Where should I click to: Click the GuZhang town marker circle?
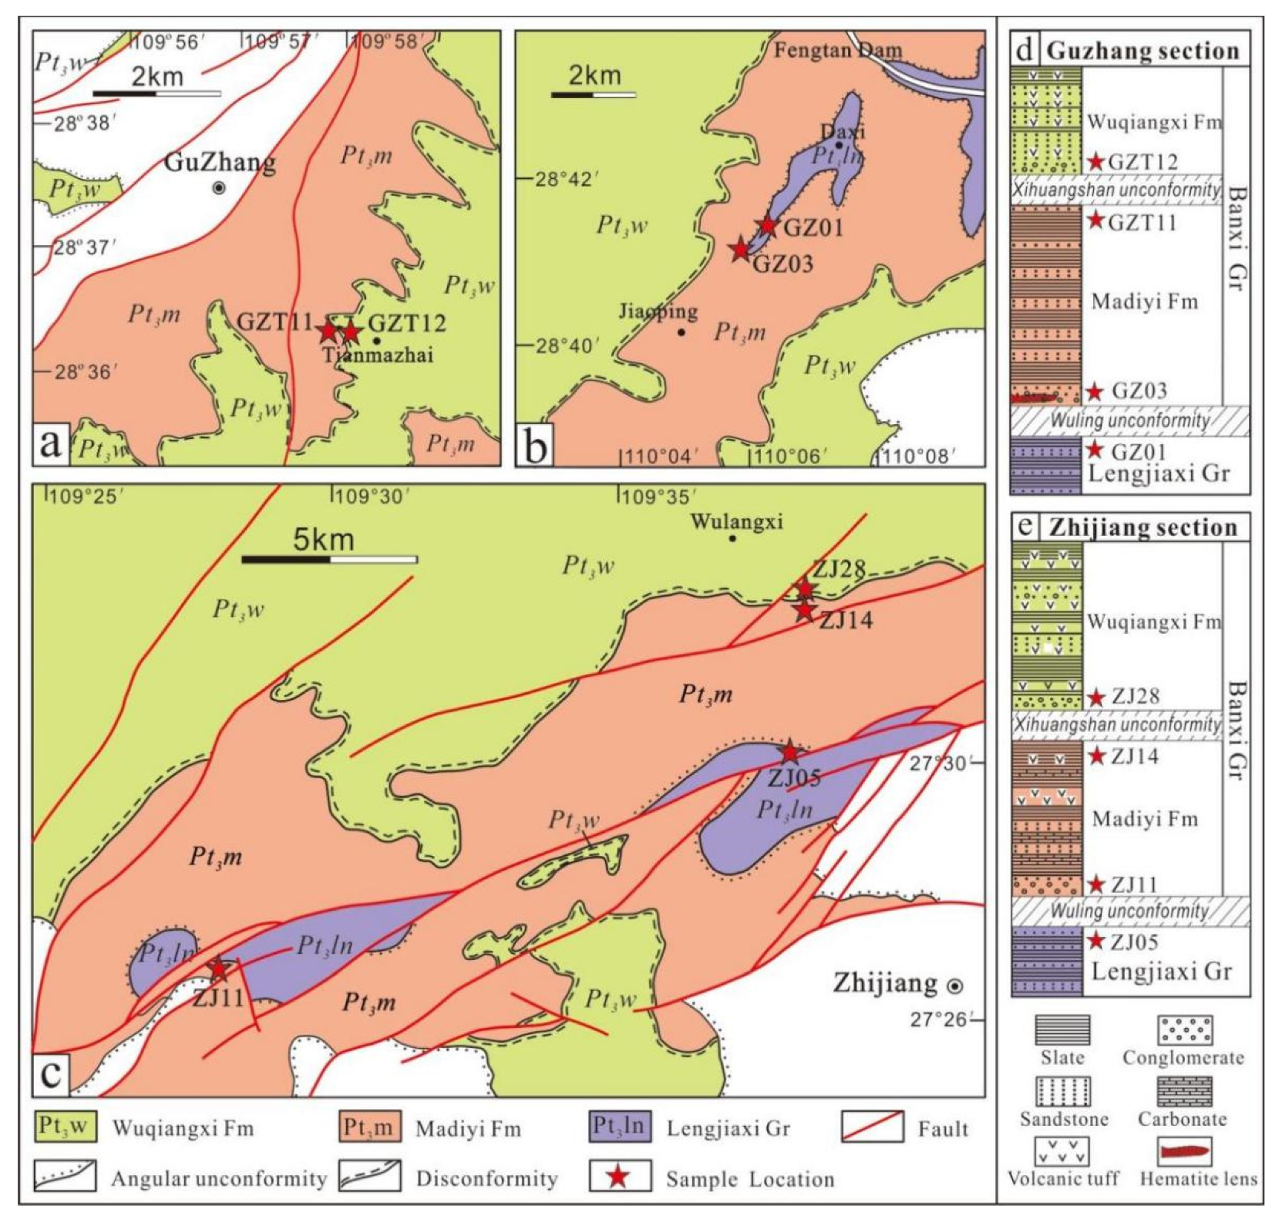coord(220,187)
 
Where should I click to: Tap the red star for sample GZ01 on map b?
coord(767,225)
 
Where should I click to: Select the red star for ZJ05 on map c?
coord(790,751)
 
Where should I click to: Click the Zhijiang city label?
coord(885,983)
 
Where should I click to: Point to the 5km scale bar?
coord(330,559)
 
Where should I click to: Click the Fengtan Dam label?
coord(837,51)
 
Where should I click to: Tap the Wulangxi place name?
coord(736,522)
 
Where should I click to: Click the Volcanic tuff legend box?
coord(1062,1152)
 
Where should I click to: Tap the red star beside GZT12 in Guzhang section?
coord(1095,162)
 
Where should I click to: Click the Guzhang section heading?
coord(1142,51)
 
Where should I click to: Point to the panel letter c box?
coord(51,1074)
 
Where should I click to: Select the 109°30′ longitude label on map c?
coord(369,497)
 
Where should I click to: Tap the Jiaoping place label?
coord(658,312)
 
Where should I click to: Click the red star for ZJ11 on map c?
coord(219,969)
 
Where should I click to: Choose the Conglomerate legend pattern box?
coord(1184,1029)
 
